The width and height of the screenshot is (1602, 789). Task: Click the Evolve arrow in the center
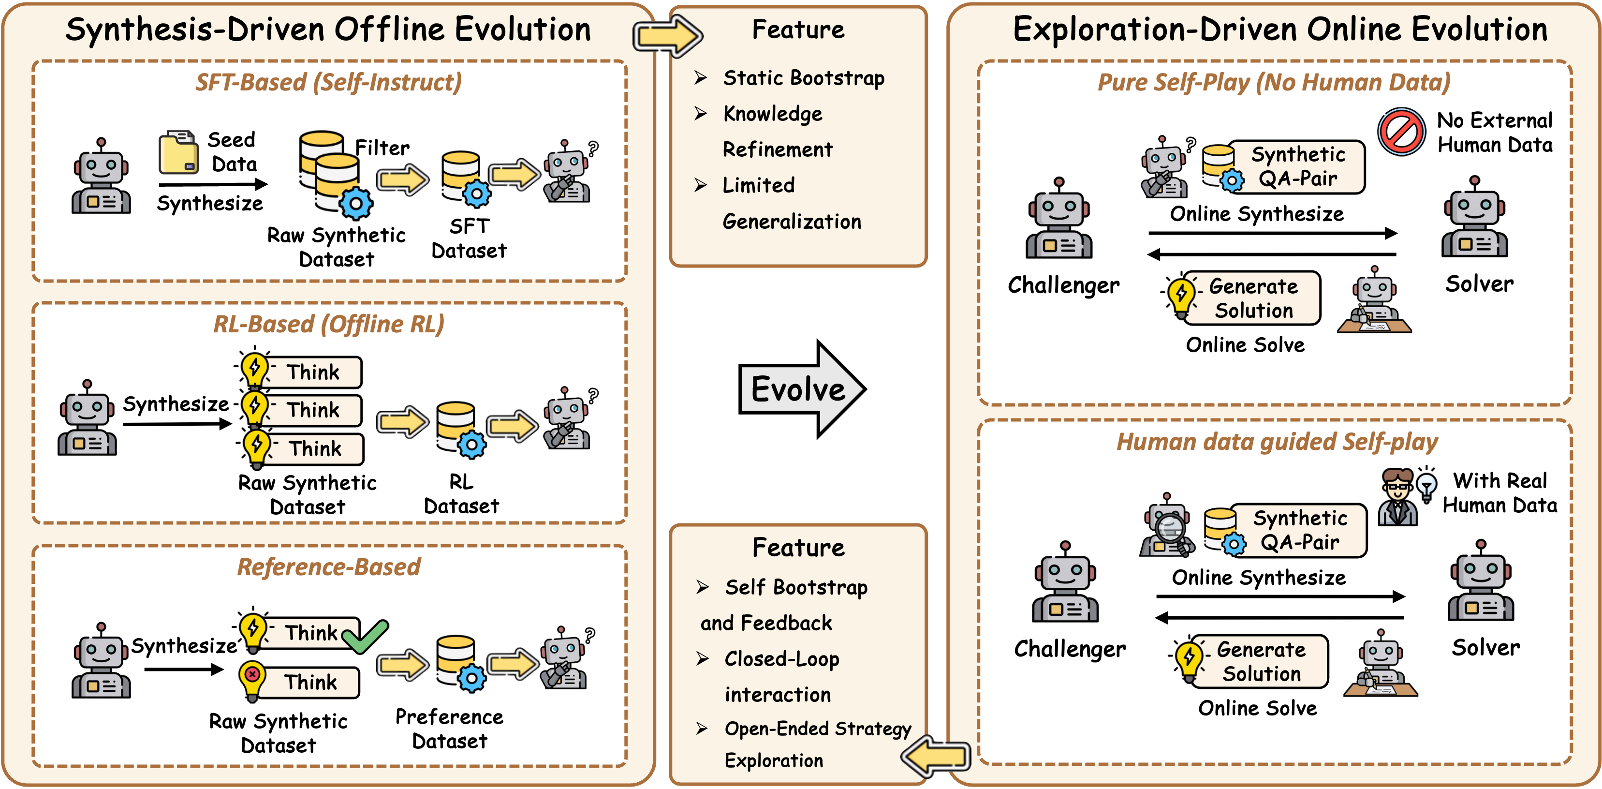802,389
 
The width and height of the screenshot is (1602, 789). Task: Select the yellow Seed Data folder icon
178,152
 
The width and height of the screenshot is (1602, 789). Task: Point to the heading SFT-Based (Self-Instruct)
328,82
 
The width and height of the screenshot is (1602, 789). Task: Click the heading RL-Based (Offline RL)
328,324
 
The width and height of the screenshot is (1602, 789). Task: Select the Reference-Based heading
328,567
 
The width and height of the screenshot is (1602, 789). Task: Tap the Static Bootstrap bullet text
804,78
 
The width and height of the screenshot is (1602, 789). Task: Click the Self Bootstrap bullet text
796,587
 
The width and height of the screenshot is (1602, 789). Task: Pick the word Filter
382,148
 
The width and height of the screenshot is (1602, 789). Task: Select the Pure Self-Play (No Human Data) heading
1274,82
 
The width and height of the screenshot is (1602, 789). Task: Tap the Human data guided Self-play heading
1277,442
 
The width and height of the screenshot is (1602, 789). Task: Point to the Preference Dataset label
449,729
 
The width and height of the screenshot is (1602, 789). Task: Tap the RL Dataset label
461,493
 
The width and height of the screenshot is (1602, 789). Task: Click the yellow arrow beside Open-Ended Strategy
935,756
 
